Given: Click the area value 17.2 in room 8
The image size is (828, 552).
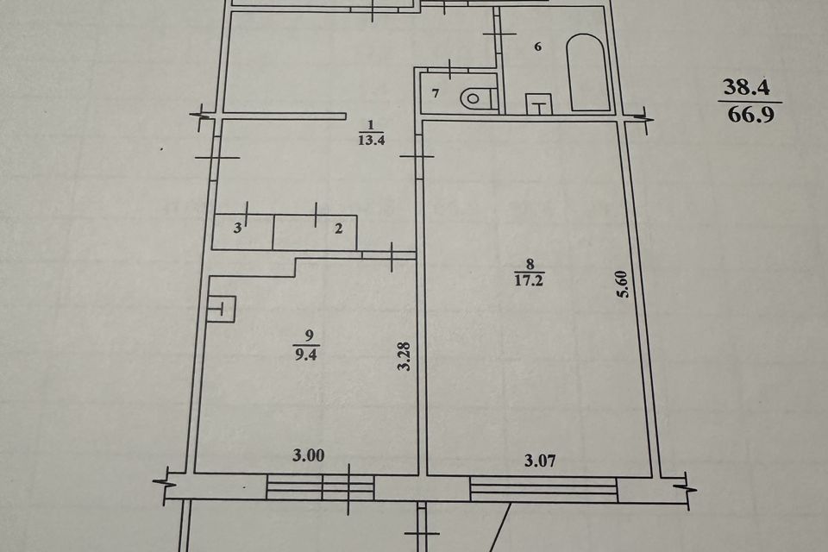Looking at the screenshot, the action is pos(529,280).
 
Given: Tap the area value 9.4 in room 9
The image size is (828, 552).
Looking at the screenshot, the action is pos(306,354).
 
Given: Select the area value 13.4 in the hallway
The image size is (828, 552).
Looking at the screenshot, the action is pos(371,141).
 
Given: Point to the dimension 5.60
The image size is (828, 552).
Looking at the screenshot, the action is pos(623,284).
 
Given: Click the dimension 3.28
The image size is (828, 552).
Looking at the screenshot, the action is pos(405,357).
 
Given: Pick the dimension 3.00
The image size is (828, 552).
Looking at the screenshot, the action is pos(309,455).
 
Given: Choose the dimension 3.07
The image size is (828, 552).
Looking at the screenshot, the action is pos(540,461).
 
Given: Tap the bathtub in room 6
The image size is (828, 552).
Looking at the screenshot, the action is pos(586,72).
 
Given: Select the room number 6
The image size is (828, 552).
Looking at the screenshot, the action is pos(537,47).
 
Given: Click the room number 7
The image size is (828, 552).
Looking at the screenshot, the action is pos(436,94).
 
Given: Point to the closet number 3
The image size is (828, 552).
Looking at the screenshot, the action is pos(238,229).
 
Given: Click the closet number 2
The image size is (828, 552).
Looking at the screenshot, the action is pos(338,229).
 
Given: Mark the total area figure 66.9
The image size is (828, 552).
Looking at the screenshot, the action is pos(751,115).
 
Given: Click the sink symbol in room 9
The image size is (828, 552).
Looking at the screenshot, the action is pos(222,309).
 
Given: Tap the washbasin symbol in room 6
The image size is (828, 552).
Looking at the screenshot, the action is pos(538,103).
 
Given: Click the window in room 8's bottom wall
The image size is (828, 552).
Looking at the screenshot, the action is pos(543,489).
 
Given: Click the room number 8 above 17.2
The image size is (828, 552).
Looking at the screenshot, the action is pos(530,265).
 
